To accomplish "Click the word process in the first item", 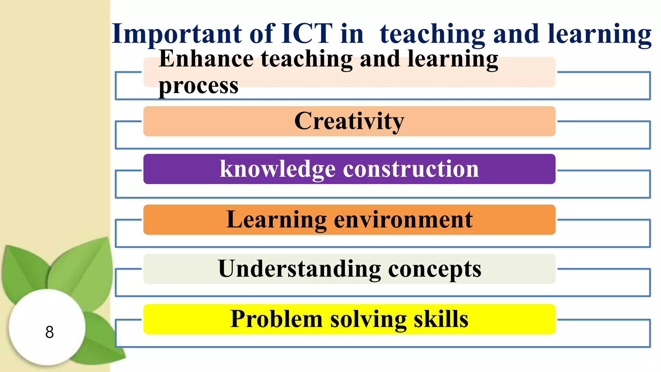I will point(198,87).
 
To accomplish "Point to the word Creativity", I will point(349,121).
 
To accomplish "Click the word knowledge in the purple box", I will point(278,169).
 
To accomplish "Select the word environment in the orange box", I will point(403,220).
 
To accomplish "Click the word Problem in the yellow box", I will point(276,319).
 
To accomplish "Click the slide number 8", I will point(49,332).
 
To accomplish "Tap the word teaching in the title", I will point(432,34).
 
